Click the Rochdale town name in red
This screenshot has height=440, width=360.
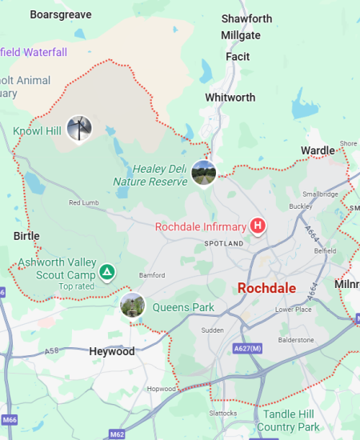[x=267, y=288]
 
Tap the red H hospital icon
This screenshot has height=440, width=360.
[x=258, y=226]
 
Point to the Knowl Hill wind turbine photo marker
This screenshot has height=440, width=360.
[x=78, y=128]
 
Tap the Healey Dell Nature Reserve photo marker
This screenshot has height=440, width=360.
[x=204, y=173]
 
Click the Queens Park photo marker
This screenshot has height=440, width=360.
[x=132, y=305]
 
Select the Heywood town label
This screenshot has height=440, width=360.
[x=111, y=351]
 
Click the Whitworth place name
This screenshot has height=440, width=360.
[x=230, y=98]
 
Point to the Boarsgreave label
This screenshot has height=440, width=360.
[x=61, y=14]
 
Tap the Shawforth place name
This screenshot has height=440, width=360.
[x=246, y=18]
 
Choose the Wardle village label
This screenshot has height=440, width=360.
[x=318, y=150]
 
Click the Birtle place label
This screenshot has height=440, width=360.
[x=26, y=236]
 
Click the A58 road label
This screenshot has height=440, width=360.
[x=52, y=350]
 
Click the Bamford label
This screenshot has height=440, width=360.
[x=152, y=274]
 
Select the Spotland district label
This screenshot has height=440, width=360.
[x=223, y=242]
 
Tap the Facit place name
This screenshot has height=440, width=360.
[x=238, y=57]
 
